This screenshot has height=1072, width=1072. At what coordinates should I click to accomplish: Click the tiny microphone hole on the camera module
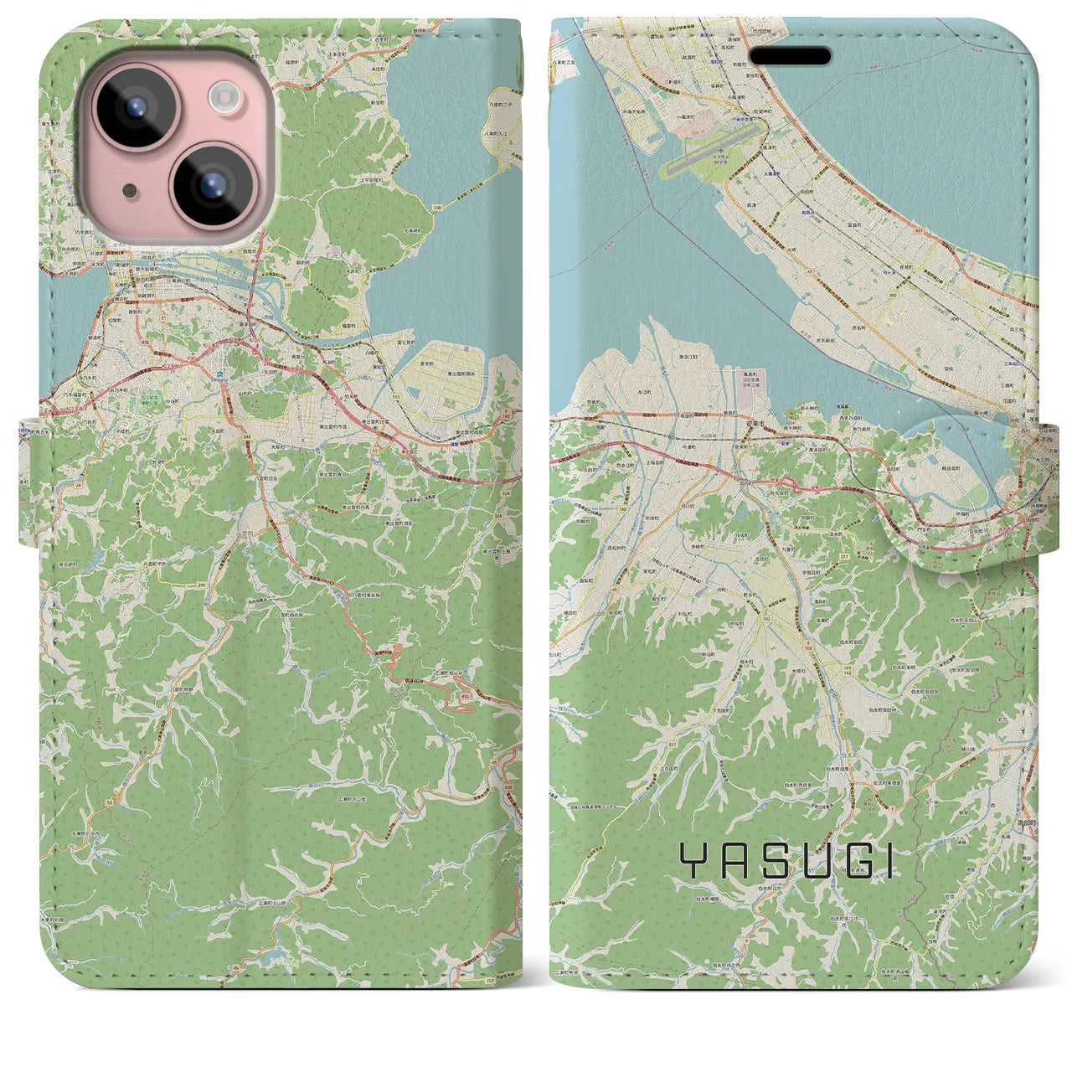[x=128, y=191]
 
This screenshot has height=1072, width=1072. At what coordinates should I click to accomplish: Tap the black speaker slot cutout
[x=790, y=56]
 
